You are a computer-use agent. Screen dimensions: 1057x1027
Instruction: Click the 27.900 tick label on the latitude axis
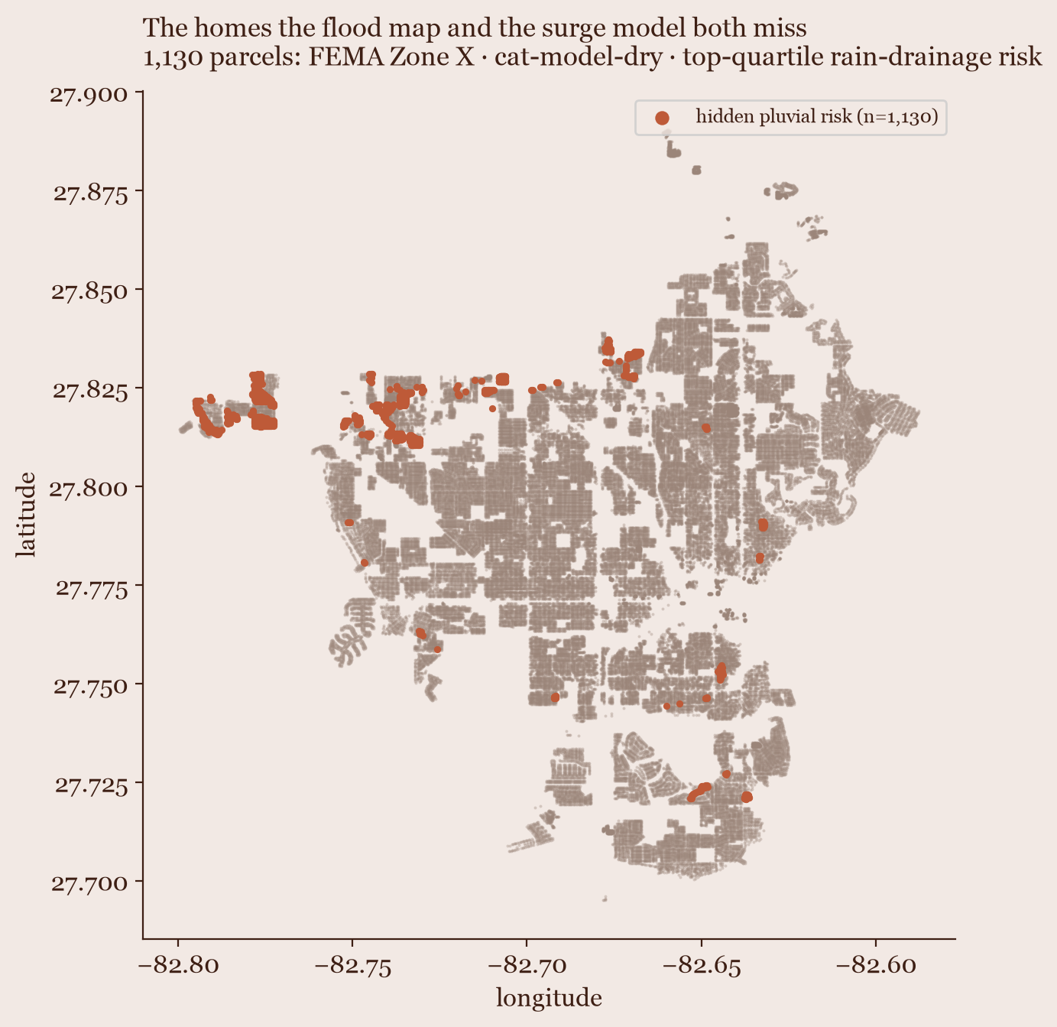point(89,95)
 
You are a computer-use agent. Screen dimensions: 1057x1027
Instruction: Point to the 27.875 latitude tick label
point(91,193)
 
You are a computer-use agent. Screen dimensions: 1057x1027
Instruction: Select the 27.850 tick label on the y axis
point(89,292)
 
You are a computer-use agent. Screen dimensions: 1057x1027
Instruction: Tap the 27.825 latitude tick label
point(90,391)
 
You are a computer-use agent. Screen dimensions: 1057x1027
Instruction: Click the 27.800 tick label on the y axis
point(89,489)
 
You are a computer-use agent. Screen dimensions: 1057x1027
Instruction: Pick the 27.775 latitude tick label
point(92,588)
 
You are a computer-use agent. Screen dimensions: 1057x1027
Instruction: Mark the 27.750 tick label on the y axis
point(91,687)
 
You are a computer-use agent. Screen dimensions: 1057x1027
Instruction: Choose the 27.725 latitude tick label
point(91,786)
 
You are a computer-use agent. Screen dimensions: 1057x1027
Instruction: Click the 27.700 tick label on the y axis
point(89,884)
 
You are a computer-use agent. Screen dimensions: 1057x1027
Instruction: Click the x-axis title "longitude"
point(550,999)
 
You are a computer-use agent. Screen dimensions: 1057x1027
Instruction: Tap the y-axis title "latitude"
point(25,515)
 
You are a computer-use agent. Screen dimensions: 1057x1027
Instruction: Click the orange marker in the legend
point(662,118)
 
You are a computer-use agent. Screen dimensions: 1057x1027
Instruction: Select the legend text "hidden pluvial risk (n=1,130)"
point(817,117)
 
